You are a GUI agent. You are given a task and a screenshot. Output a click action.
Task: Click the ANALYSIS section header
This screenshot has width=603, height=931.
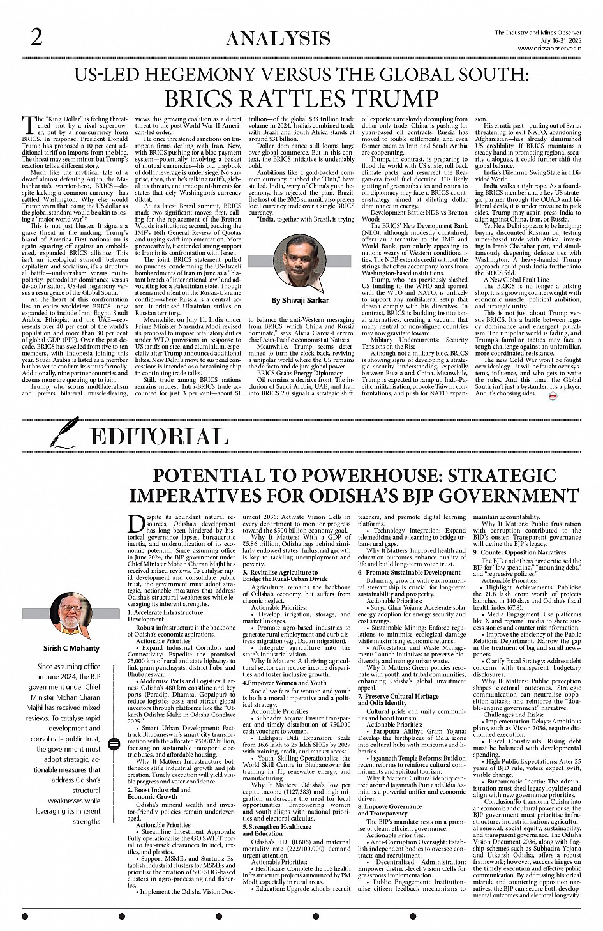(x=278, y=39)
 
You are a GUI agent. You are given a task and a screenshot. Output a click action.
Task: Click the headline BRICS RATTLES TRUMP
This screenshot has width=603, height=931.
(x=301, y=99)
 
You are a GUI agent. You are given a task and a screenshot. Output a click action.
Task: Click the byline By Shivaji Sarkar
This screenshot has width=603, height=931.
(x=301, y=299)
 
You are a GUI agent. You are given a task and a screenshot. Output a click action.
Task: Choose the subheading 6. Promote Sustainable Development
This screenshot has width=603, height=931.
(x=409, y=572)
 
